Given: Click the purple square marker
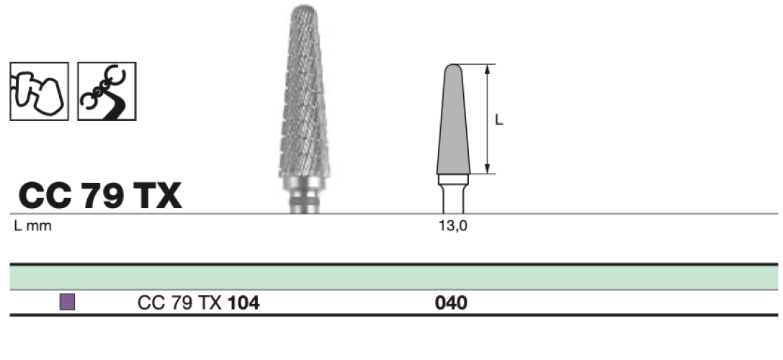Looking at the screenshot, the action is point(68,302).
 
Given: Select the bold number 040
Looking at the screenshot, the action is point(452,302).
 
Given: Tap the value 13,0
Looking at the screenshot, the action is point(453,225).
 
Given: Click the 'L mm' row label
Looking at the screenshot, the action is point(32,225).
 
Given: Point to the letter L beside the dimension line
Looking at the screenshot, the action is point(499,120).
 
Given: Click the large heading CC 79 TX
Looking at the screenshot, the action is point(100,196).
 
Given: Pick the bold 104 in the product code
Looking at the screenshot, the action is point(243,302).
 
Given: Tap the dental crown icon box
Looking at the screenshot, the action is point(39,91).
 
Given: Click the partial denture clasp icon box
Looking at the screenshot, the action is point(107,91).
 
